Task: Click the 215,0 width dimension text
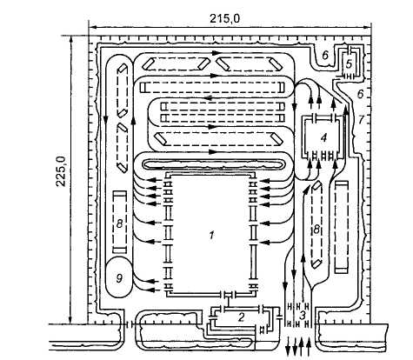(x=225, y=19)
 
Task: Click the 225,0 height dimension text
(x=61, y=171)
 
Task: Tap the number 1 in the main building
(x=211, y=235)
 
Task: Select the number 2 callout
(x=241, y=317)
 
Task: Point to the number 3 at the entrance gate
(x=302, y=316)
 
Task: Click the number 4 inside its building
(x=323, y=137)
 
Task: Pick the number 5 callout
(x=350, y=63)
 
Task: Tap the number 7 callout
(x=360, y=119)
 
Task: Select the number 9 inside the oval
(x=119, y=278)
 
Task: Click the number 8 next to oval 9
(x=119, y=223)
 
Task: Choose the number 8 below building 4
(x=316, y=230)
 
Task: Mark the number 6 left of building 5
(x=325, y=55)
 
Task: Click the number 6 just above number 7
(x=360, y=94)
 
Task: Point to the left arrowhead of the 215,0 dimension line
(x=92, y=28)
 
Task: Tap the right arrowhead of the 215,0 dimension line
(x=367, y=28)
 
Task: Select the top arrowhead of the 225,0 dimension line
(x=70, y=40)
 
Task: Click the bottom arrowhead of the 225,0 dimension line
(x=70, y=319)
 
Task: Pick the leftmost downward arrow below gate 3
(x=288, y=346)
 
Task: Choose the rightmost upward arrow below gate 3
(x=309, y=346)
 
